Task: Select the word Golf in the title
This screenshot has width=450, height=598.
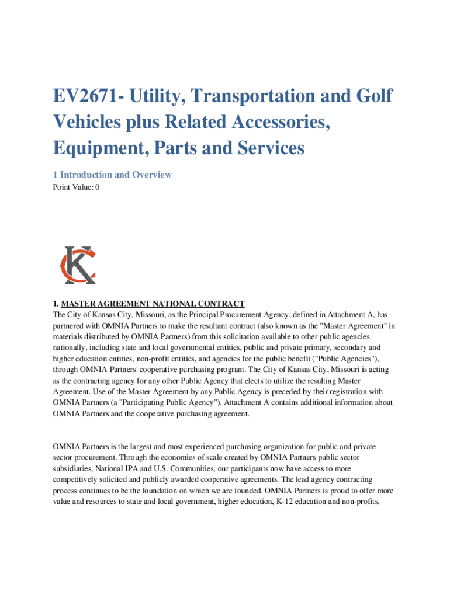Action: click(371, 96)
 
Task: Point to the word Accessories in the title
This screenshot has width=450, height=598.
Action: click(277, 122)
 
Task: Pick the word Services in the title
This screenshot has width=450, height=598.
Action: click(265, 148)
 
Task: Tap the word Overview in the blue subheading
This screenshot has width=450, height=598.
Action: click(151, 175)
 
